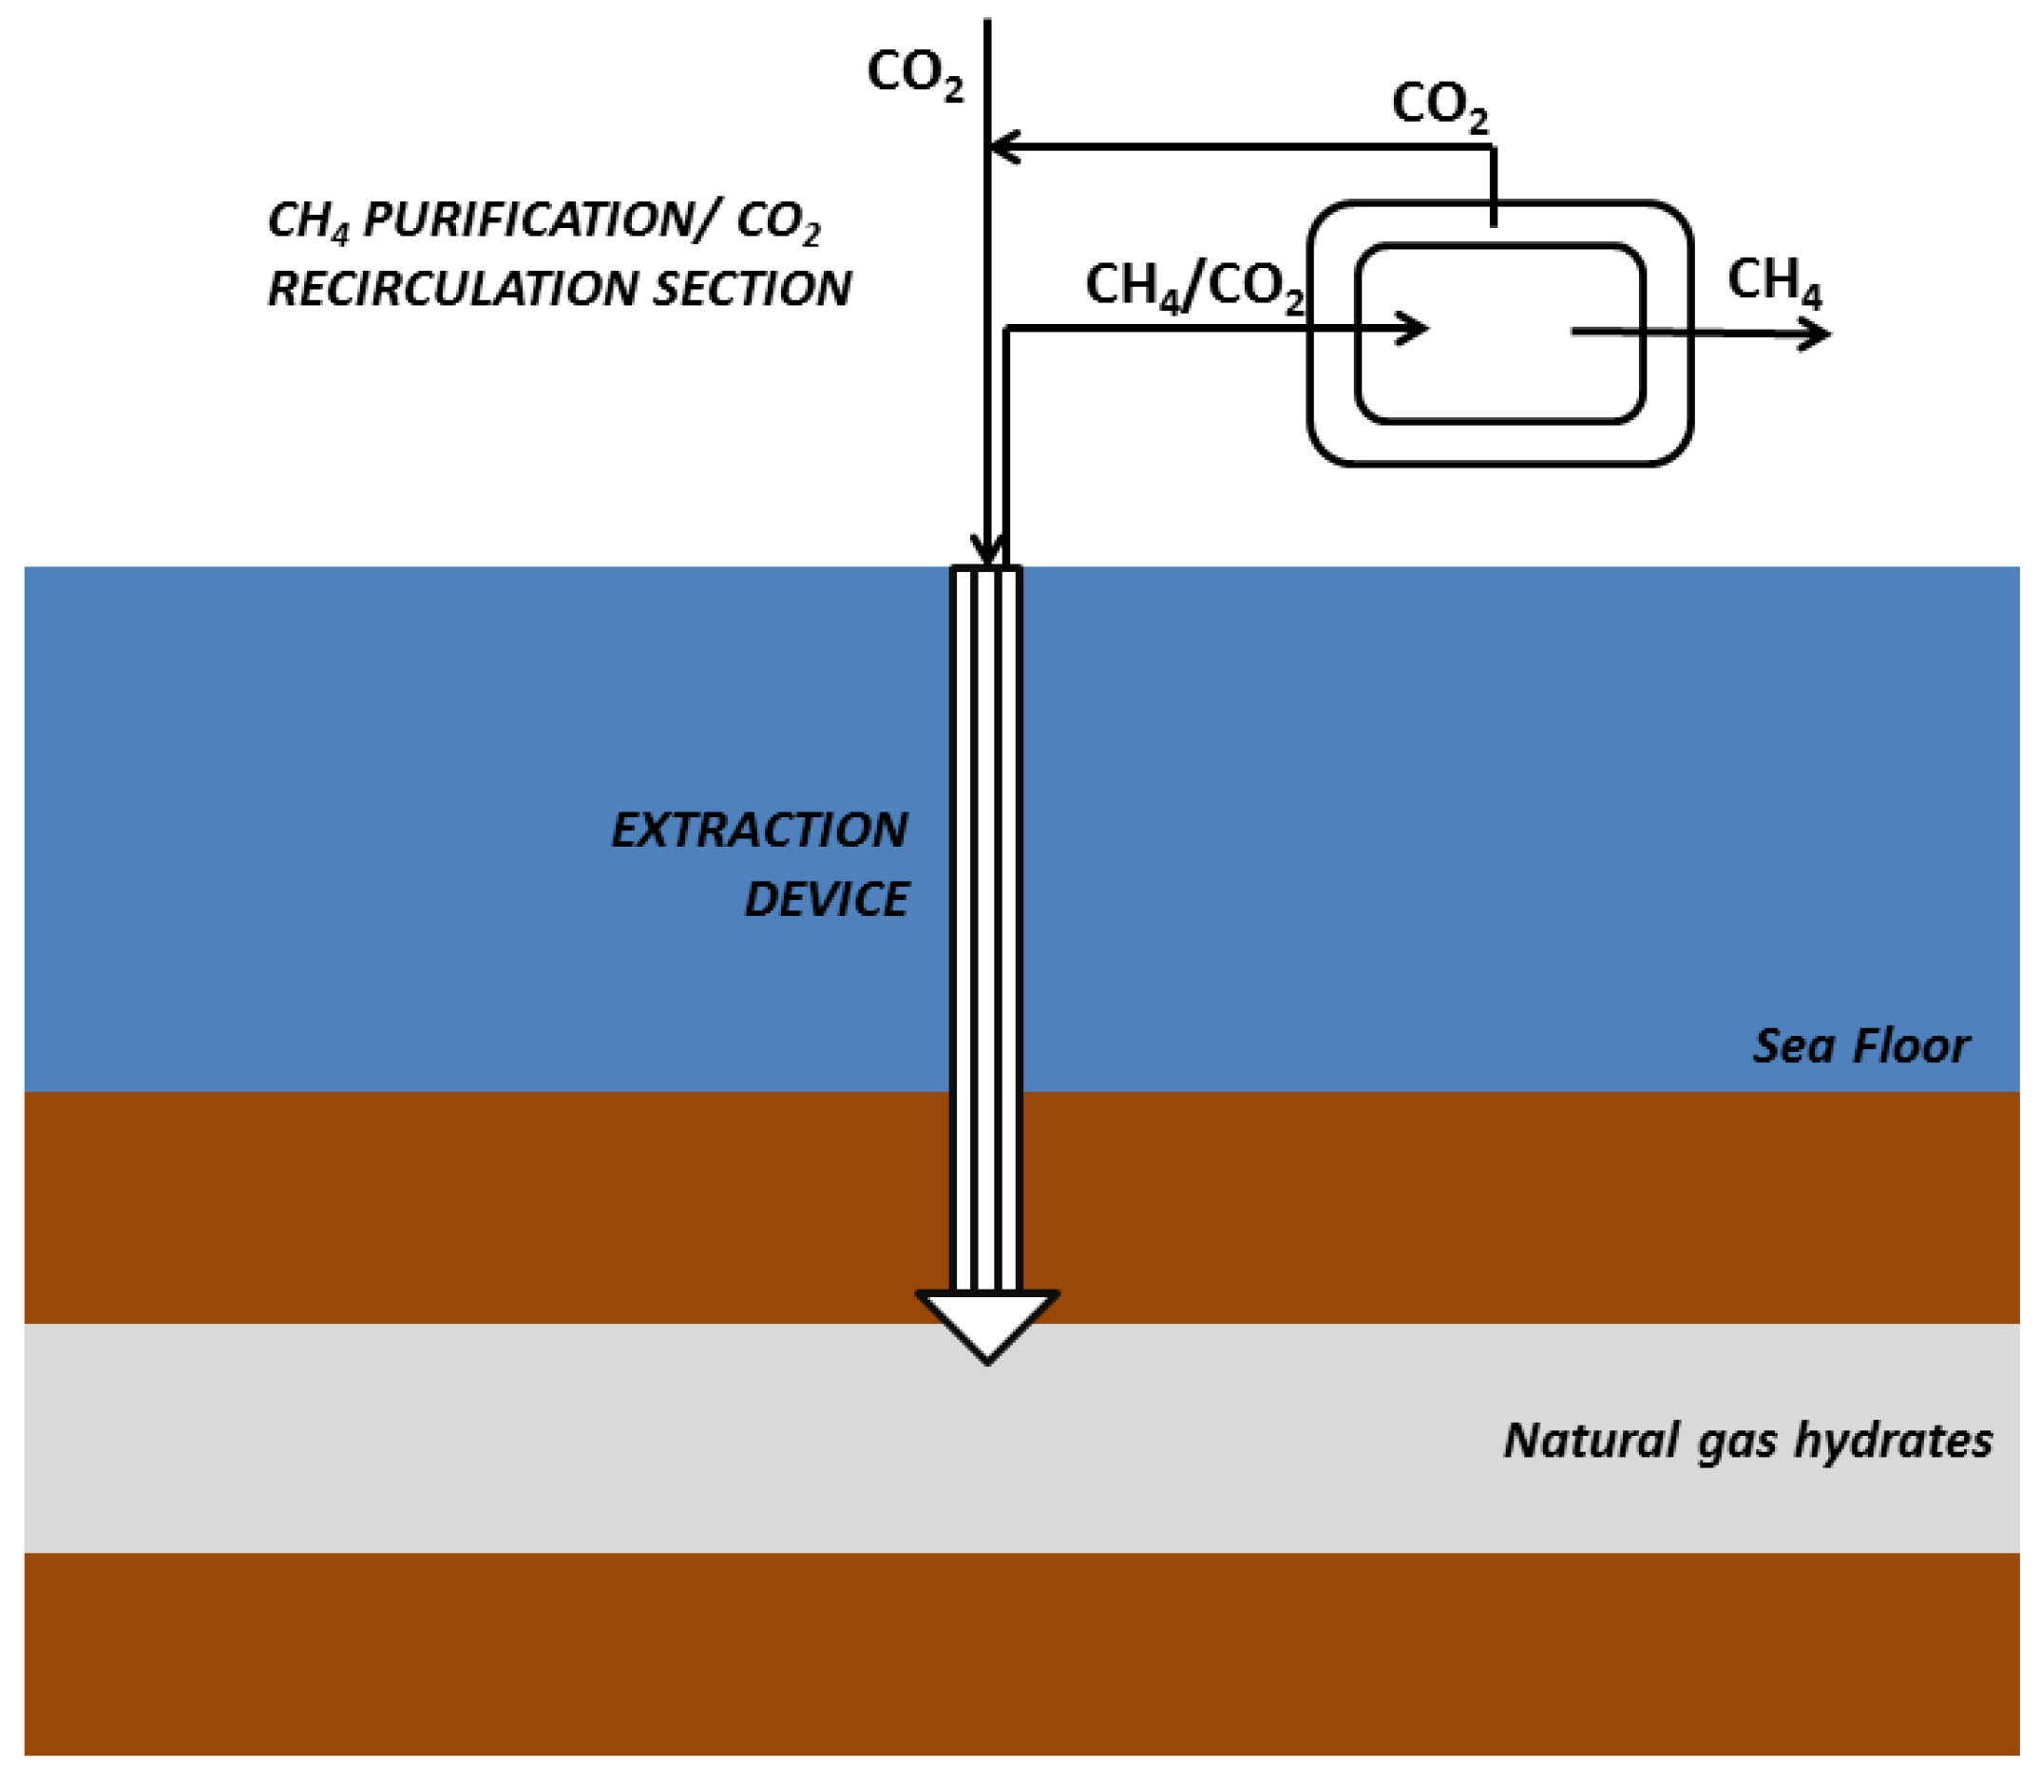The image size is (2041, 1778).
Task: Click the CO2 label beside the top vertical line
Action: point(915,73)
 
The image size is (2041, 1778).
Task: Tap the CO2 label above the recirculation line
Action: point(1439,105)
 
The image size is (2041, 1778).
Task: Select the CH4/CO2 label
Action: point(1193,287)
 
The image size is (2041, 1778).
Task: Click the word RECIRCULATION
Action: point(452,289)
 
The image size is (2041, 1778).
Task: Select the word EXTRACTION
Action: point(759,830)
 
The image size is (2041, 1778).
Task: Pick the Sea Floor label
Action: point(1860,1045)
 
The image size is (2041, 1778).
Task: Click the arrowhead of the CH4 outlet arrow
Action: point(1815,335)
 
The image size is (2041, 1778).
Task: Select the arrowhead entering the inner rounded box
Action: point(1413,329)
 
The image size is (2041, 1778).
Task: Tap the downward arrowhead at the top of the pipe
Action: point(987,548)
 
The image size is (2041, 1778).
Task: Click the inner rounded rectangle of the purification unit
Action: point(1499,387)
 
